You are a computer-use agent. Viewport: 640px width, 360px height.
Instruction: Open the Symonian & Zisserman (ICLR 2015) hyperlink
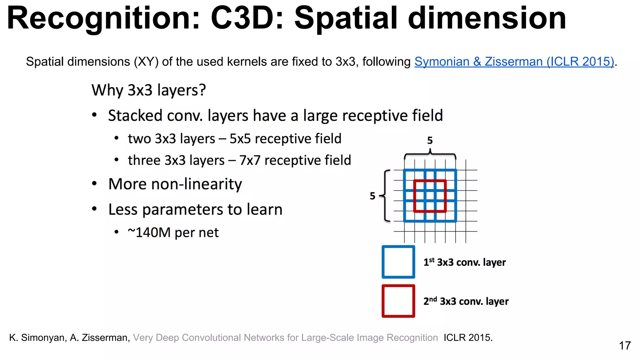pos(514,62)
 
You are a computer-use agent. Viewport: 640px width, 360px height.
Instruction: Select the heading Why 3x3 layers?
pos(149,90)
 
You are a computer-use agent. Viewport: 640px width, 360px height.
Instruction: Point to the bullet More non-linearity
pos(175,184)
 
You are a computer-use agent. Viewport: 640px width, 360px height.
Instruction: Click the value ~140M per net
pos(173,232)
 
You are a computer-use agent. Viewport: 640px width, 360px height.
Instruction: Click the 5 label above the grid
pos(430,141)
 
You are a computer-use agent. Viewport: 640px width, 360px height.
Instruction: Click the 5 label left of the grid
pos(372,196)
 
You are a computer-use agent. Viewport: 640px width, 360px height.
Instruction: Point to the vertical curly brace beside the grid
pos(386,196)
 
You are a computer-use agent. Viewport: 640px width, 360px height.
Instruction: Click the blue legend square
pos(398,262)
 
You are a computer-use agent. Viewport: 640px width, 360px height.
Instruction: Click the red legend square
pos(398,301)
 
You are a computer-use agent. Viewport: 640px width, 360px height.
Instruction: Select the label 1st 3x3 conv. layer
pos(464,262)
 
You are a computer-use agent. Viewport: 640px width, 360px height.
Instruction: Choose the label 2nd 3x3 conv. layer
pos(466,301)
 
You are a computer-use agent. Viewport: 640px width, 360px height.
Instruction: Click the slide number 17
pos(625,346)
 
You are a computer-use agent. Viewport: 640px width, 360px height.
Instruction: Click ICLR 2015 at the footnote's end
pos(468,338)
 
